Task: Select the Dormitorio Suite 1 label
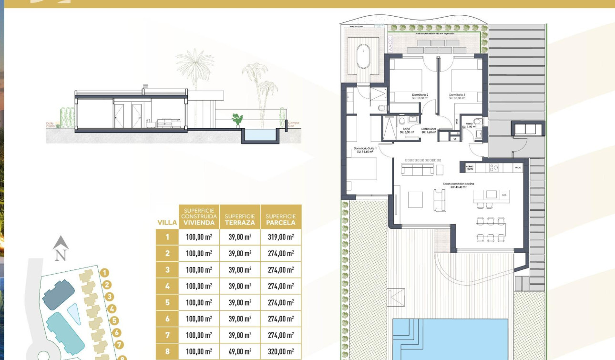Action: (366, 150)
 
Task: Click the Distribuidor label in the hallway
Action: (428, 130)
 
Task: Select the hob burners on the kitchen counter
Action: (494, 167)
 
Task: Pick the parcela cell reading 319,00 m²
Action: (281, 237)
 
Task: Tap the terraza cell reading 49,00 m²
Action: (240, 351)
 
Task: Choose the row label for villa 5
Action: (167, 302)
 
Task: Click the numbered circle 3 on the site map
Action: (110, 297)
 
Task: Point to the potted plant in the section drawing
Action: (237, 119)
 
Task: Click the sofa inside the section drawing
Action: (166, 123)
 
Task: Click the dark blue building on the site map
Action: (58, 294)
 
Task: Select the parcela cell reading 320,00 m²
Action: (281, 351)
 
